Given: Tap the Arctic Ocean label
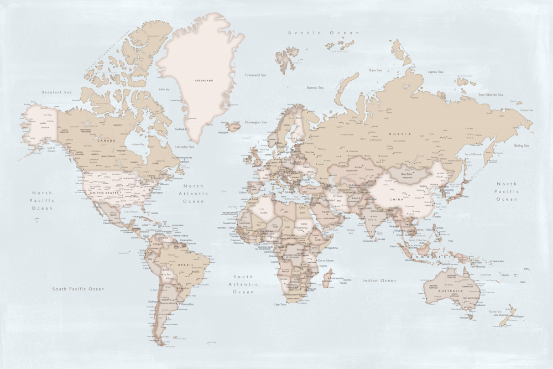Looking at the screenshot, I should click(x=324, y=33).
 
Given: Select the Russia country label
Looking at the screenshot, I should click(x=400, y=134).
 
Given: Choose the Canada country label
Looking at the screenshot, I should click(x=106, y=141).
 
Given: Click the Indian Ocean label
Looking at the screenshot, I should click(x=379, y=280).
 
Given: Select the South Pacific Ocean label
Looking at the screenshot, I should click(x=78, y=289).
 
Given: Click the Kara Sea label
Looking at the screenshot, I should click(x=375, y=70).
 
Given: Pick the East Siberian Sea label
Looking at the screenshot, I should click(x=491, y=95).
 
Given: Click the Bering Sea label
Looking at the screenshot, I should click(x=522, y=145).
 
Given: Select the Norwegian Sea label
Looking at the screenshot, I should click(x=255, y=122).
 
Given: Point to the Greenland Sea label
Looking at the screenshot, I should click(x=255, y=75).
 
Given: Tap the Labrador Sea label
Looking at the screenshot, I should click(x=184, y=147).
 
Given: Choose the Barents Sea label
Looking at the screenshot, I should click(x=315, y=87).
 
